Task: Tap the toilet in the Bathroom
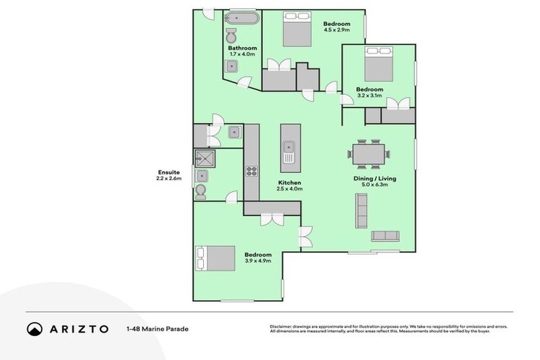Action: [232, 36]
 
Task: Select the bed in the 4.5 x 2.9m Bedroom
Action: [296, 30]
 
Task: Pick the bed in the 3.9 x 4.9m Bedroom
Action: [216, 258]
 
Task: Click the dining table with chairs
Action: [369, 153]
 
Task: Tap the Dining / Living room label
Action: [374, 179]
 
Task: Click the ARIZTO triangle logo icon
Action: [34, 328]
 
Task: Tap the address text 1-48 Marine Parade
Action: [157, 328]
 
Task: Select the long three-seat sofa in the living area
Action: [361, 210]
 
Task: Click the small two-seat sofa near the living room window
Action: [385, 236]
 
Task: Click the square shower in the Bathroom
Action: [232, 67]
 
